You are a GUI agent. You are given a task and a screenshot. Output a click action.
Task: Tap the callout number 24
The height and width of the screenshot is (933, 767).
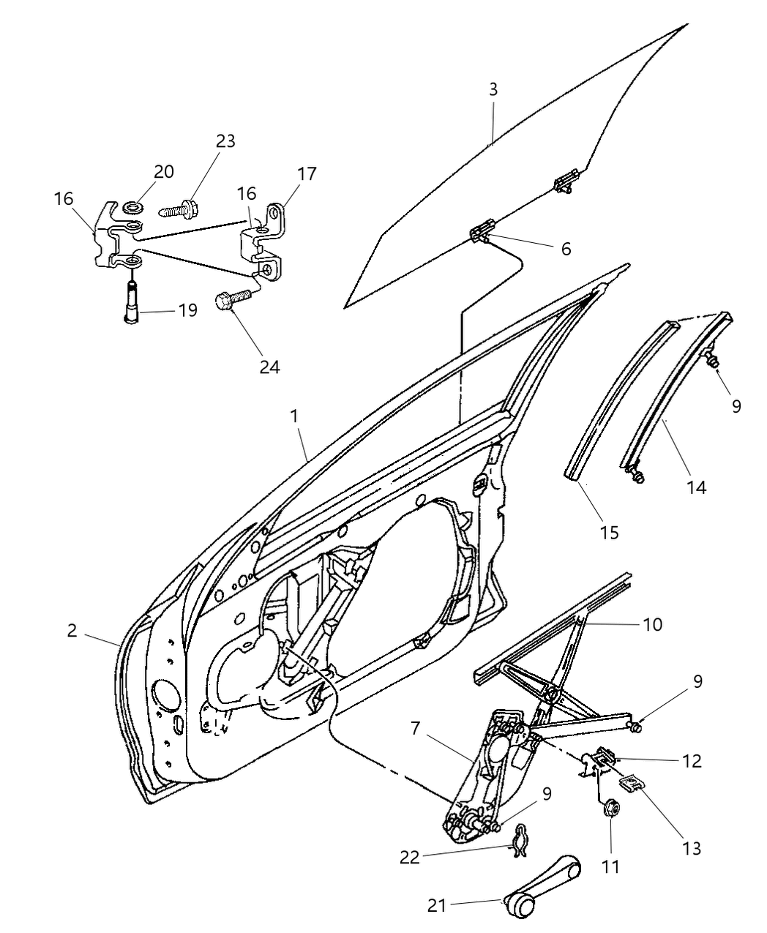pos(269,367)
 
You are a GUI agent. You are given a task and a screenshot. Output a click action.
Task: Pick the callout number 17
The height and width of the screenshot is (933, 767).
pos(307,174)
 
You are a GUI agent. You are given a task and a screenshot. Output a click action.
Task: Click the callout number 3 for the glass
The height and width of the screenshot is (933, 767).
pos(493,90)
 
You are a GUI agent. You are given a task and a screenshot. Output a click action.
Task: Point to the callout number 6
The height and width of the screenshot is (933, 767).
pos(566,249)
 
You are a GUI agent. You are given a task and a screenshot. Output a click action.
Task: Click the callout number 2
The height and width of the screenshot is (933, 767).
pos(72,630)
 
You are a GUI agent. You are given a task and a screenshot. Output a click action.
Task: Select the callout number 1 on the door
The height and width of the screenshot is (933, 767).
pos(293,416)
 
